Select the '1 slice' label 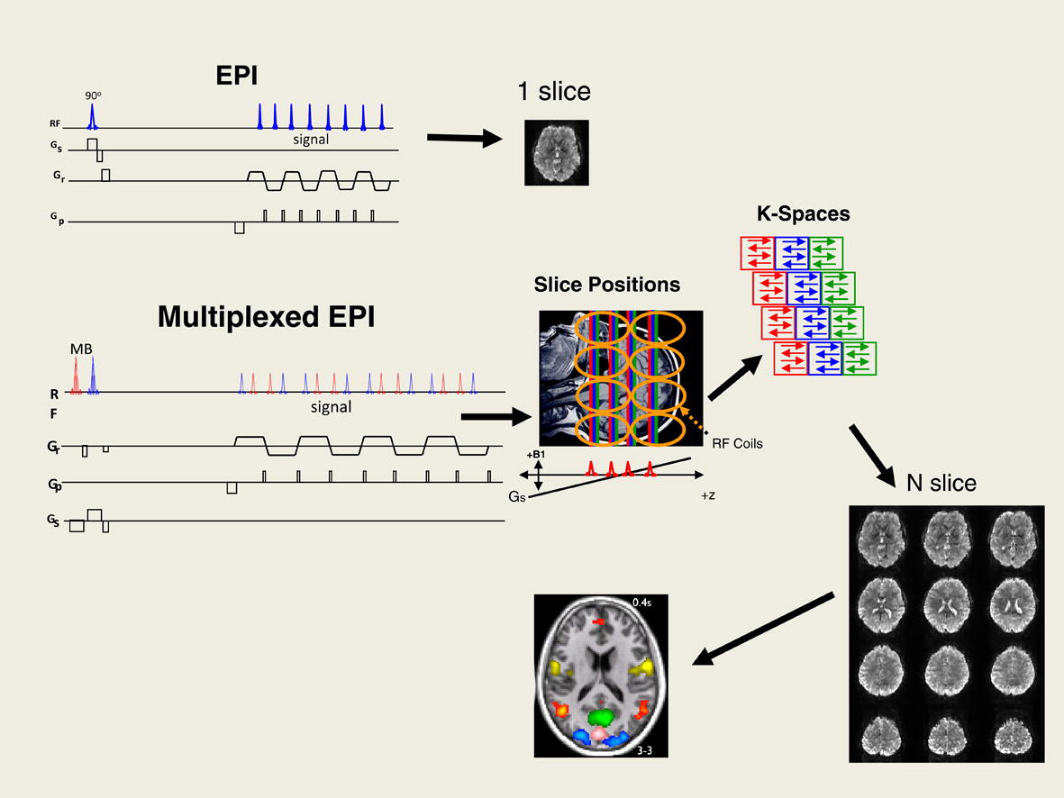(553, 91)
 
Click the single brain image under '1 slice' (557, 152)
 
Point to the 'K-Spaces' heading (805, 214)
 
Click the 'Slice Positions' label (606, 286)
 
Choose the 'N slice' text (941, 484)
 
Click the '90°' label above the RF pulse (92, 95)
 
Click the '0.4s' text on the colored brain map (642, 603)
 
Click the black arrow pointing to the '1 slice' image (463, 138)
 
